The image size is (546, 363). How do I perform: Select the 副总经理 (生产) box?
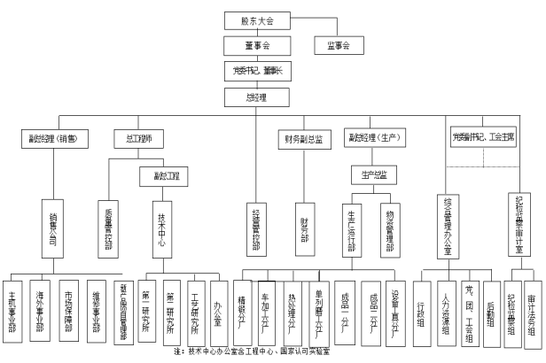pyautogui.click(x=374, y=138)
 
